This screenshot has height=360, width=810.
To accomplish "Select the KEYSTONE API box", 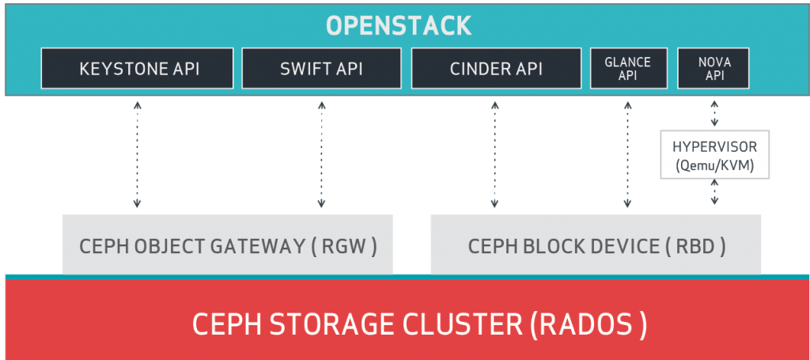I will coord(139,69).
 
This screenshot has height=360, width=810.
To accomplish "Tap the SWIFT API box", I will coord(321,69).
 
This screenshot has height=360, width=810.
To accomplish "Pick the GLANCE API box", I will coord(628,69).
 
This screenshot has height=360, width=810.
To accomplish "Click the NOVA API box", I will coord(713,69).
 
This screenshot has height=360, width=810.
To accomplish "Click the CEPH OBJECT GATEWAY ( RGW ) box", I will coord(227,245).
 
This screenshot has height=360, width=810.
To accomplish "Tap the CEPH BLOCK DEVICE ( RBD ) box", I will coord(596,245).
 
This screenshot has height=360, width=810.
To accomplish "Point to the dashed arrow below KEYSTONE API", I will coord(138,155).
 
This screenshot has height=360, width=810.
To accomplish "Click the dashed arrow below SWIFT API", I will coord(322,155).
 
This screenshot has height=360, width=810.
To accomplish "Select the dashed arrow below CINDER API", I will coord(494,155).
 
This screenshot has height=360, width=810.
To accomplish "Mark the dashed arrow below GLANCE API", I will coord(628,155).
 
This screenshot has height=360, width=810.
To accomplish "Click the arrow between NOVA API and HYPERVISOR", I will coord(714,114).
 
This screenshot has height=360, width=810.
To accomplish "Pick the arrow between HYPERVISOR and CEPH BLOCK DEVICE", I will coord(714,193).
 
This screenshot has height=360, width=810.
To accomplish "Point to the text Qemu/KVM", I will coord(714,165).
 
